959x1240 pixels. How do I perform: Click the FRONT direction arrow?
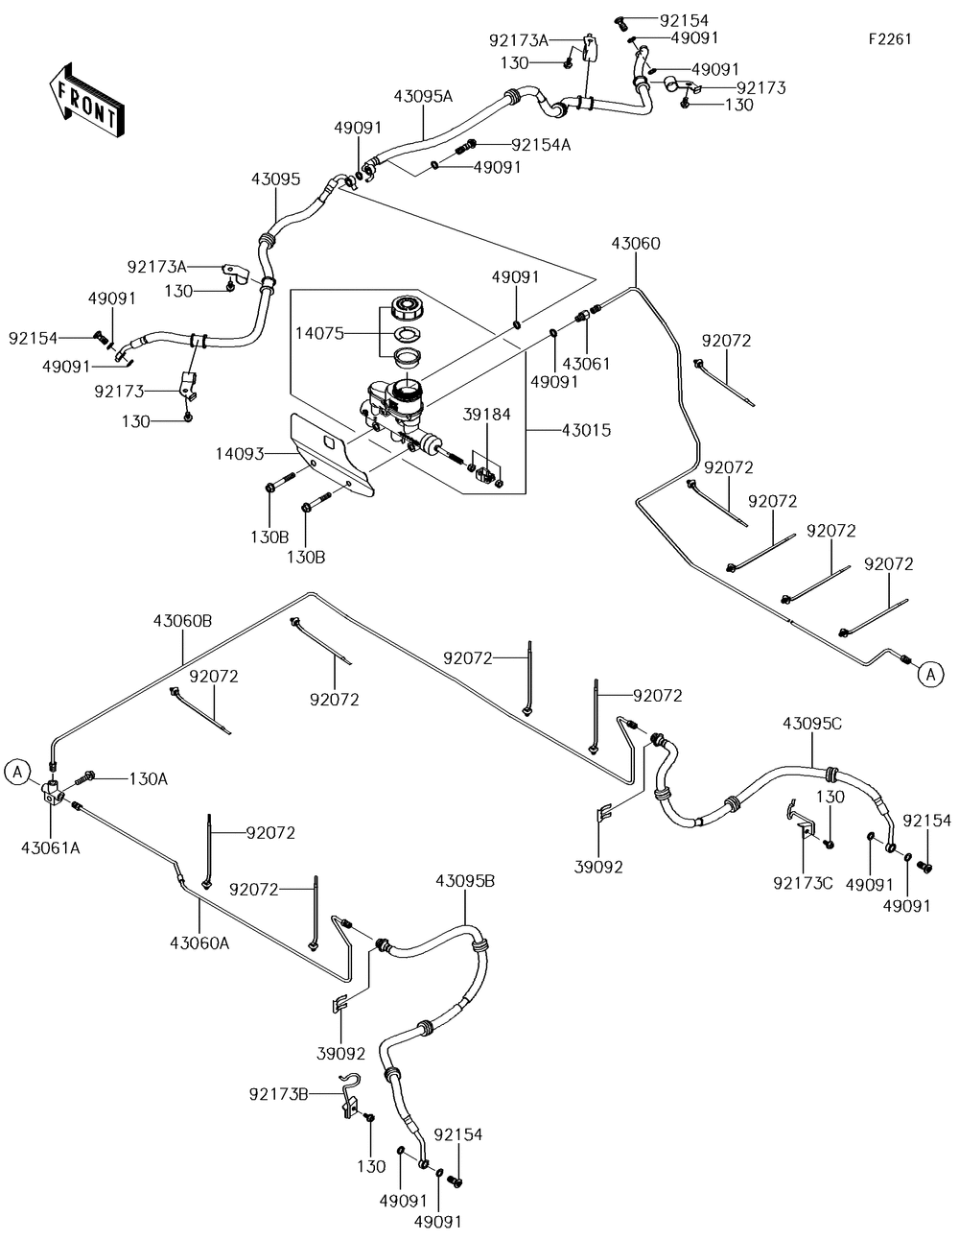[85, 101]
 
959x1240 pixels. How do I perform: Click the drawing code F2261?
[890, 38]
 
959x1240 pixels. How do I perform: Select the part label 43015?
[586, 430]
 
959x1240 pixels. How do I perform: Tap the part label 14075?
[319, 334]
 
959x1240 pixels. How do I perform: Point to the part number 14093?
[240, 454]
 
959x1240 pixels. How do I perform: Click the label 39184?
[486, 415]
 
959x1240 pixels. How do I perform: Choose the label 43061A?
[51, 848]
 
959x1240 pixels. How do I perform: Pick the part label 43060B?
[182, 621]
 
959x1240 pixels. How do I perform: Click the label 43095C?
[812, 724]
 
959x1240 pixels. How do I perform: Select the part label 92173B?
[279, 1094]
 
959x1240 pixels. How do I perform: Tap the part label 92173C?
[803, 883]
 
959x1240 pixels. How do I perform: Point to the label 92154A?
[541, 145]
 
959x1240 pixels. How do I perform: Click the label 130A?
[149, 779]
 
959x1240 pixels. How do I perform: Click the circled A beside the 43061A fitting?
[17, 772]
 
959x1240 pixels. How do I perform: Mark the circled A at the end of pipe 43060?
[930, 675]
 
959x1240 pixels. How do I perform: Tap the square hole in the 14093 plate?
[330, 442]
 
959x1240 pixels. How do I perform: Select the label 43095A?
[423, 96]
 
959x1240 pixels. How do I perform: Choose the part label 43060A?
[199, 943]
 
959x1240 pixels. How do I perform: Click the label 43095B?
[465, 881]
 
